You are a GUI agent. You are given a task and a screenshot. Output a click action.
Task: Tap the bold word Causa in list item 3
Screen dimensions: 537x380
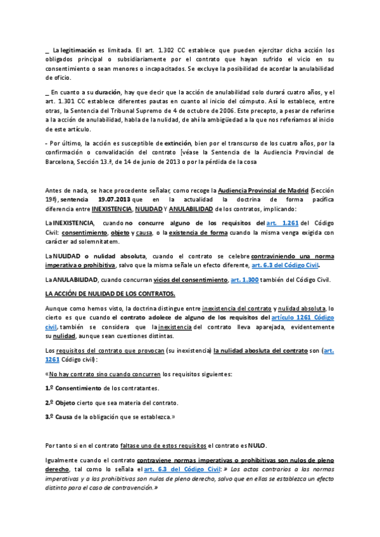(x=65, y=417)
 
